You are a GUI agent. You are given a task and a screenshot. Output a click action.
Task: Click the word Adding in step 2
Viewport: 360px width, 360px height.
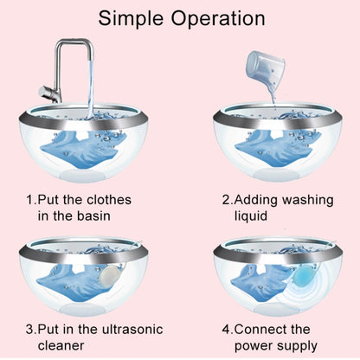(x=250, y=199)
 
